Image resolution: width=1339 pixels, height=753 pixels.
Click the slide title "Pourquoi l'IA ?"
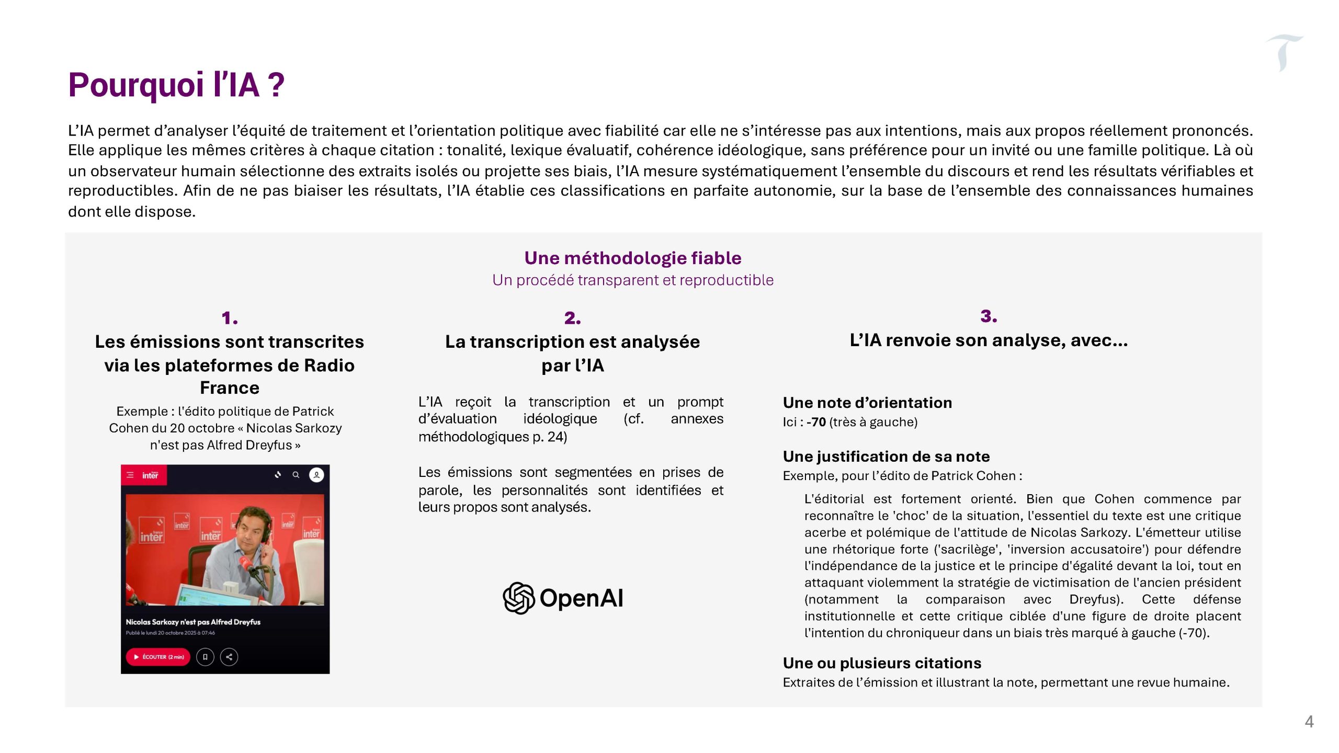tap(176, 85)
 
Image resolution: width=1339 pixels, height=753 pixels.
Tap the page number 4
tap(1309, 722)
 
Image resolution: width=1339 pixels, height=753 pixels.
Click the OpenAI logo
tap(563, 598)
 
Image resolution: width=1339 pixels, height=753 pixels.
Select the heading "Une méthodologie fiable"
tap(632, 258)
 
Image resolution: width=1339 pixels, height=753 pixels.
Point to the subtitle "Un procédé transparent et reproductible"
tap(632, 280)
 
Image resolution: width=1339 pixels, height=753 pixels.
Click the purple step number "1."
tap(229, 318)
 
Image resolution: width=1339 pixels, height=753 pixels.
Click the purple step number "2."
tap(572, 318)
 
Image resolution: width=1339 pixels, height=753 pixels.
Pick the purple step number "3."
tap(988, 316)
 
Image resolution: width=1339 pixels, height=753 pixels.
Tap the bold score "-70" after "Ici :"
tap(816, 422)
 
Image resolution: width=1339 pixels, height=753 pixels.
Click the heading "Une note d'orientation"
tap(867, 403)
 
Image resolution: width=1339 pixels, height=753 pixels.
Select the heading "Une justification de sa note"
tap(886, 457)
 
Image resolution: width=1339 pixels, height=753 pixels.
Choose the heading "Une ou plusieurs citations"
tap(881, 663)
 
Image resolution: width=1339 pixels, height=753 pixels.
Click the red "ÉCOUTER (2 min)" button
tap(158, 657)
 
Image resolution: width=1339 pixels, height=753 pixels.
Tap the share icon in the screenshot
tap(229, 657)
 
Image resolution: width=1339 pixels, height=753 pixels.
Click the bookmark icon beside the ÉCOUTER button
tap(205, 657)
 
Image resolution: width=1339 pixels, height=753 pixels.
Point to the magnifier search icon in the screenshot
tap(296, 475)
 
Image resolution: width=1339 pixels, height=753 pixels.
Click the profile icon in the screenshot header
tap(316, 475)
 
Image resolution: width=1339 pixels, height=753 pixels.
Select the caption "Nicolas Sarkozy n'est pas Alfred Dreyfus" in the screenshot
tap(193, 622)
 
